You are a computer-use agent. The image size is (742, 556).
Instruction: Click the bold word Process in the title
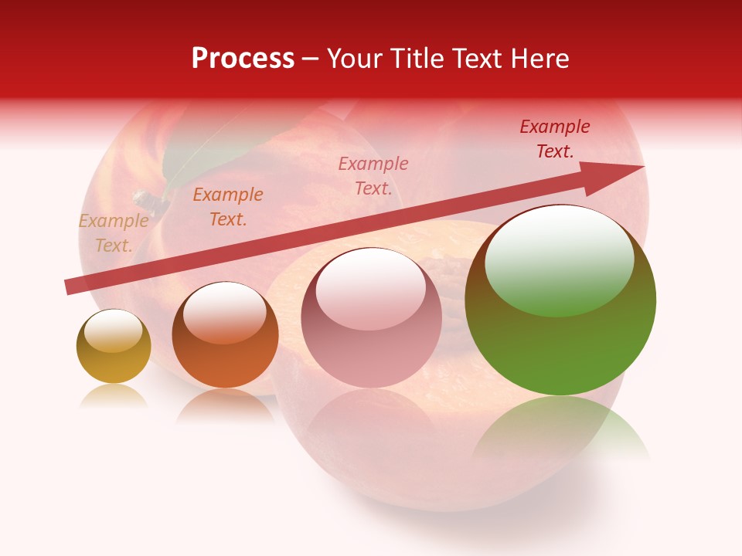click(x=243, y=58)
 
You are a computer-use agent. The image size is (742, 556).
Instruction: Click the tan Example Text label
click(x=114, y=233)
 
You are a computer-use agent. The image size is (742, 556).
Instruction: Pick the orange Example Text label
click(x=228, y=207)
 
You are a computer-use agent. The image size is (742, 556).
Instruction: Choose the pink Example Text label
click(x=373, y=175)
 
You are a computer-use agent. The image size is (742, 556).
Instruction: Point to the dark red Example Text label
click(x=555, y=139)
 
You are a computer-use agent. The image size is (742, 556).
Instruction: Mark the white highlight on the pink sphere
click(x=371, y=284)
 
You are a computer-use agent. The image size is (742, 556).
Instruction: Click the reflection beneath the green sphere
click(x=560, y=429)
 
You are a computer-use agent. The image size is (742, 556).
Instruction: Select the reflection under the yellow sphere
click(x=114, y=395)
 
